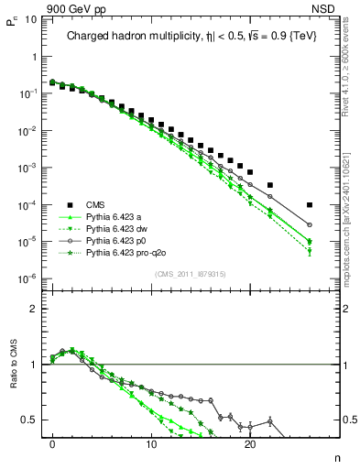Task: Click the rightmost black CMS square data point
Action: click(x=310, y=205)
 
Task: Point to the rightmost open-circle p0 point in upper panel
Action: click(x=310, y=224)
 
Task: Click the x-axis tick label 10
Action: click(x=151, y=451)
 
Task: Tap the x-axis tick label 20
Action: click(x=250, y=451)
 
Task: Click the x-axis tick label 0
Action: click(x=53, y=451)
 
